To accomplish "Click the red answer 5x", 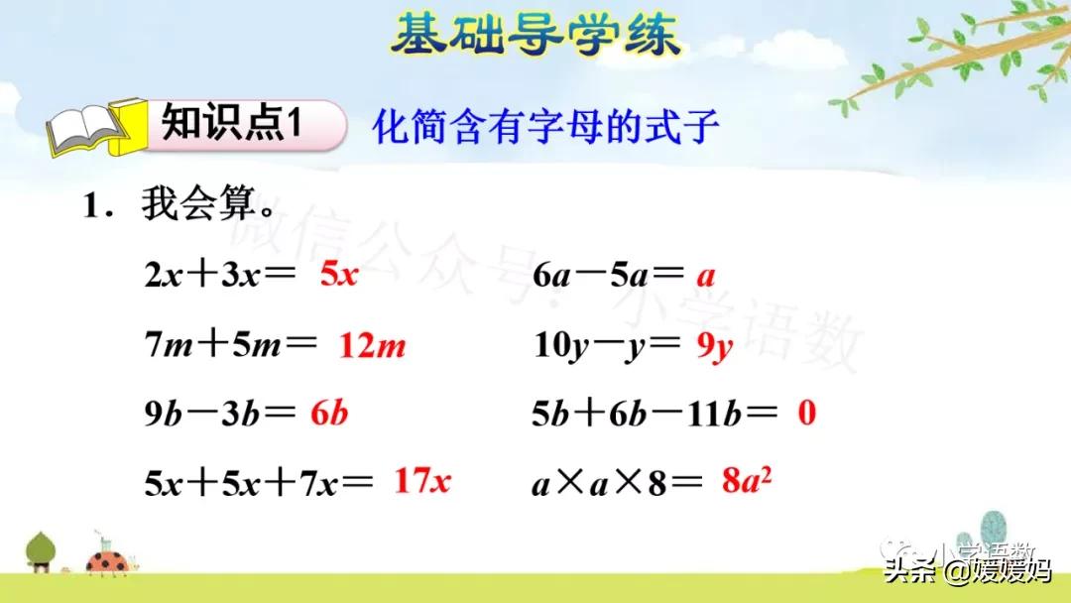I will click(338, 275).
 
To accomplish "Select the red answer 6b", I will click(328, 414).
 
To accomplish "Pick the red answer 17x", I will click(422, 481).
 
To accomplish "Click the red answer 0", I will click(806, 413).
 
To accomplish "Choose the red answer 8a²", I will click(747, 482).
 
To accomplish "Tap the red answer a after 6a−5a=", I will click(705, 276).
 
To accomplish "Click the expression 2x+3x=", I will click(219, 276).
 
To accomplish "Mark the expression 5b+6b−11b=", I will click(655, 414).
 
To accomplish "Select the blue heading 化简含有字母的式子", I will click(544, 127).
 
